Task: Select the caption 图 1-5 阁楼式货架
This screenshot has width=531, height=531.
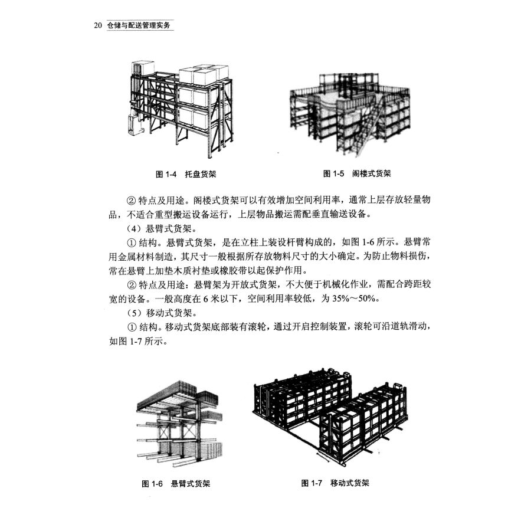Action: tap(358, 174)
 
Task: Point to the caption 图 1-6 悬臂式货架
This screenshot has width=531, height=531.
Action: tap(176, 483)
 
